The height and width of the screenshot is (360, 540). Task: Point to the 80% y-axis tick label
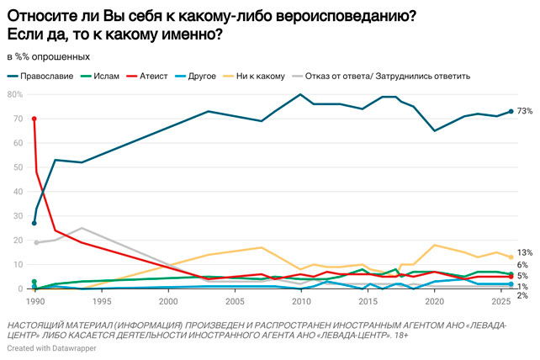point(15,94)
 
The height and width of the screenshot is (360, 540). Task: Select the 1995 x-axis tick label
point(101,300)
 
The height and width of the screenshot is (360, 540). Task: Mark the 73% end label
point(526,111)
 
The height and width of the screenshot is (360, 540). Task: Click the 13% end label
point(526,252)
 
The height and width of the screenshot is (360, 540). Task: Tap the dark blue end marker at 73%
point(511,111)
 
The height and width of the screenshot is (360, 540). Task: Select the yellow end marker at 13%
point(511,257)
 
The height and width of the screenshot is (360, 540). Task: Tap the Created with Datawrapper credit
point(50,347)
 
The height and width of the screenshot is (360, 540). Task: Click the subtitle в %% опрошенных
point(48,57)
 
